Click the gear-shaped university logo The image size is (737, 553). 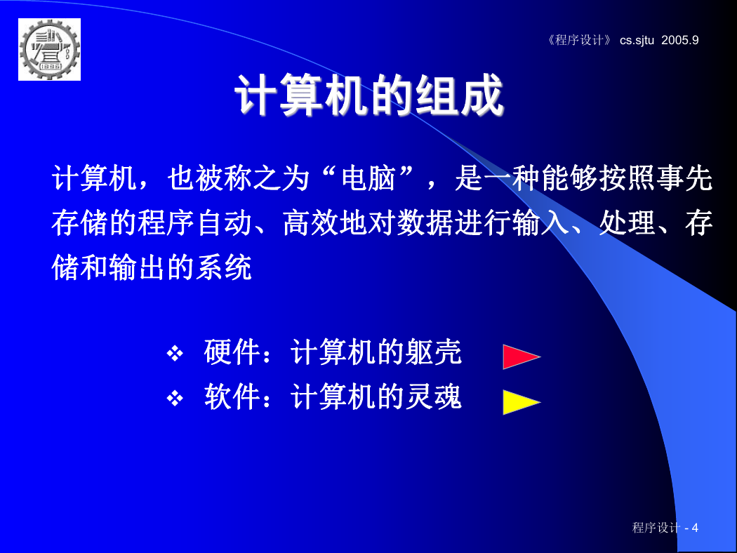[49, 49]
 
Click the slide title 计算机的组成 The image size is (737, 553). [369, 96]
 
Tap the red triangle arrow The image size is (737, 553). [522, 357]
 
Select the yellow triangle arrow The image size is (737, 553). [522, 402]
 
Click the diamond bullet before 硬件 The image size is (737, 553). [175, 353]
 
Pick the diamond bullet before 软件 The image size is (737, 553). [175, 399]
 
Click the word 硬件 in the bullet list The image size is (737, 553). [232, 352]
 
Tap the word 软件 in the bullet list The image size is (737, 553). [232, 397]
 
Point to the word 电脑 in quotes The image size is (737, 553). [368, 178]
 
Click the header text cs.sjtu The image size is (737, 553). [637, 41]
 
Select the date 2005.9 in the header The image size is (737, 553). [680, 40]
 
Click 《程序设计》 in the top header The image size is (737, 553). [579, 40]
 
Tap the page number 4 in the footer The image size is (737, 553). [695, 528]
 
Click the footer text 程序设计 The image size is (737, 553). [656, 528]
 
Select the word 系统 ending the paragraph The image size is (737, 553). [224, 268]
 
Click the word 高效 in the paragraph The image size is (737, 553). [311, 223]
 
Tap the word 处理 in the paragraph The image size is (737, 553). [628, 223]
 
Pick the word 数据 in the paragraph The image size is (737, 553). [425, 223]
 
